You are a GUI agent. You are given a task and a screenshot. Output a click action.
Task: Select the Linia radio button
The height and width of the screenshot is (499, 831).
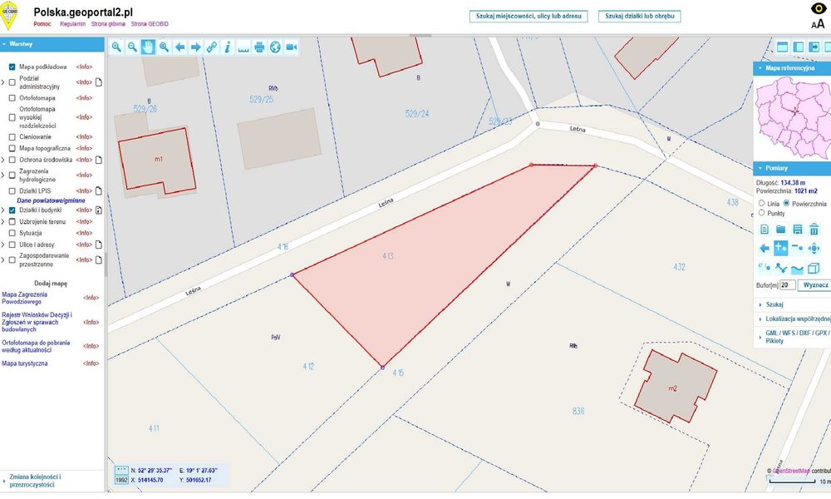coord(762,203)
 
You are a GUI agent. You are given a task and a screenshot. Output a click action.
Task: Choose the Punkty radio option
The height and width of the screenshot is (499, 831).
coord(762,213)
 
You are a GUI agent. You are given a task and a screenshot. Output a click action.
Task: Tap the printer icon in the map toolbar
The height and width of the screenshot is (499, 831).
coord(259,47)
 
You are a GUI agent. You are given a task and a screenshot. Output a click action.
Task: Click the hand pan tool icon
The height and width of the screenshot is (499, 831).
coord(148,47)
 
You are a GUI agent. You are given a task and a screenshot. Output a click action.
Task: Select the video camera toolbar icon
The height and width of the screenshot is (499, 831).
coord(292,47)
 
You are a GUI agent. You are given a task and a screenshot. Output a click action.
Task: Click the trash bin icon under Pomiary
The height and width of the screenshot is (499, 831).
coord(814,230)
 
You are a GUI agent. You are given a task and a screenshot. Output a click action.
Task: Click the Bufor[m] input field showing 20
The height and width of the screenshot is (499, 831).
coord(787,285)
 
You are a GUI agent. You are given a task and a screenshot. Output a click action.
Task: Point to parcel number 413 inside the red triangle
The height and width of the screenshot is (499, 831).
coord(388,255)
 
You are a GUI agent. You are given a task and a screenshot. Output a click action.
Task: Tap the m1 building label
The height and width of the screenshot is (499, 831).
coord(159,158)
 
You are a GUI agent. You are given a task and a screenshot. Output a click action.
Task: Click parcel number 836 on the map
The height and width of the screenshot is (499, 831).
coord(578,411)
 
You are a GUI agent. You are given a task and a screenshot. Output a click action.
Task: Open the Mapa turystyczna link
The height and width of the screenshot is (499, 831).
coord(25,363)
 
